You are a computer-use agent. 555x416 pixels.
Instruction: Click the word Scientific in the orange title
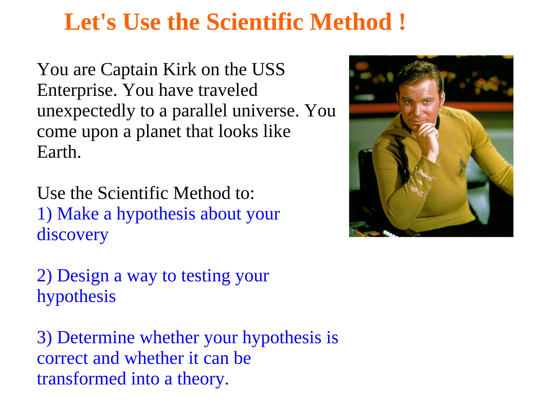click(255, 22)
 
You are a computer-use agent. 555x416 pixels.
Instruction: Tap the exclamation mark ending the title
click(402, 22)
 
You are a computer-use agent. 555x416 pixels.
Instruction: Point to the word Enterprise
click(77, 91)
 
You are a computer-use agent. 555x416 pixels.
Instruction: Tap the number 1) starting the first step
click(44, 214)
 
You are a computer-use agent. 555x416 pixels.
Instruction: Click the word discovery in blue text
click(73, 235)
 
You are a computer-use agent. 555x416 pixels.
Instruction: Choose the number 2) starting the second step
click(44, 276)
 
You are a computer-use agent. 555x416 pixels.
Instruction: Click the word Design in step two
click(83, 276)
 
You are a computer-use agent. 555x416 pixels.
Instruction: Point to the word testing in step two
click(206, 277)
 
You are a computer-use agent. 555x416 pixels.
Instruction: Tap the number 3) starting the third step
click(44, 338)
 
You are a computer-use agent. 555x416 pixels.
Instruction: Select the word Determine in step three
click(96, 338)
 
